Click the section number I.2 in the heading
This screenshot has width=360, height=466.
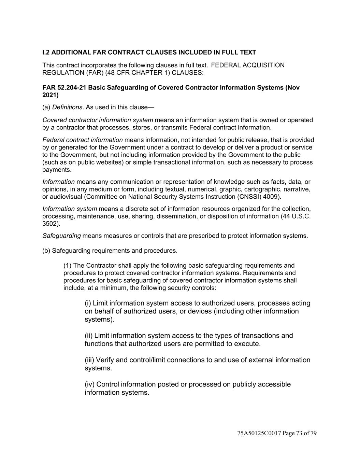tap(46, 52)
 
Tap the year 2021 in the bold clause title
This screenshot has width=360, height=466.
tap(50, 95)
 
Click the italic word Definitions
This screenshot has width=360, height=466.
tap(67, 107)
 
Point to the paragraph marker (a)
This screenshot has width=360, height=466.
tap(46, 107)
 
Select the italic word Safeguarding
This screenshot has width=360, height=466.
tap(61, 236)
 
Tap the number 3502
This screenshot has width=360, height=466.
tap(50, 224)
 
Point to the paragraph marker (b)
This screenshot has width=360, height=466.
tap(46, 251)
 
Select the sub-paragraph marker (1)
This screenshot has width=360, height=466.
tap(68, 265)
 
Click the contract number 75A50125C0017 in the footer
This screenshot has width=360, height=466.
tap(259, 433)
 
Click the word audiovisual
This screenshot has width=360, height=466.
tap(66, 197)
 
